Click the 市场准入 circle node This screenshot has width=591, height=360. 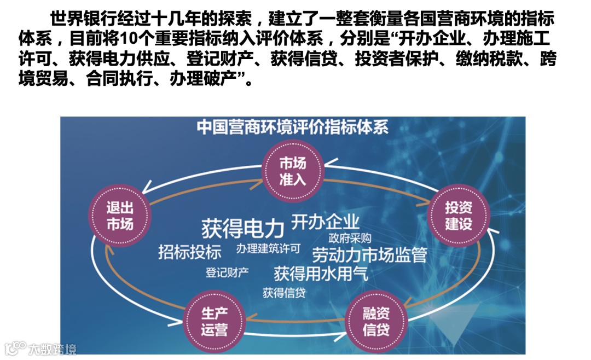(293, 171)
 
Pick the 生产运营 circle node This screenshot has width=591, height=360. (215, 322)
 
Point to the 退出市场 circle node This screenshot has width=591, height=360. (119, 216)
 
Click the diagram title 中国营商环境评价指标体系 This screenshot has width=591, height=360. (293, 127)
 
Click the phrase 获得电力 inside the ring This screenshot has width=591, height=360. (244, 228)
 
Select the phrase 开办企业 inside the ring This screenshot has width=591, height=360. (325, 222)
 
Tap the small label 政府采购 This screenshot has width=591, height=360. (350, 239)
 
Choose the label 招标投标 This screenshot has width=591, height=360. (190, 252)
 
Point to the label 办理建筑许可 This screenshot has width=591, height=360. (269, 249)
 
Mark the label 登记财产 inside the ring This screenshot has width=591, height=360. (227, 271)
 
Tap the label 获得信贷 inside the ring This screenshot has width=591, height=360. (283, 292)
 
